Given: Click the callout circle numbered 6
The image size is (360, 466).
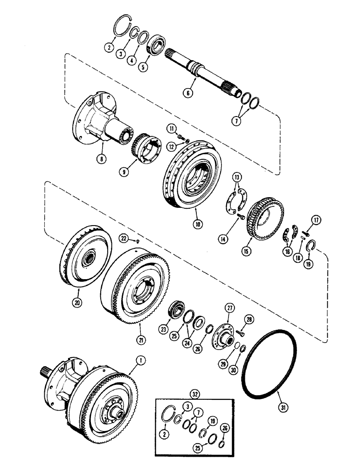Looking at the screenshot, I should pos(188,93).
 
